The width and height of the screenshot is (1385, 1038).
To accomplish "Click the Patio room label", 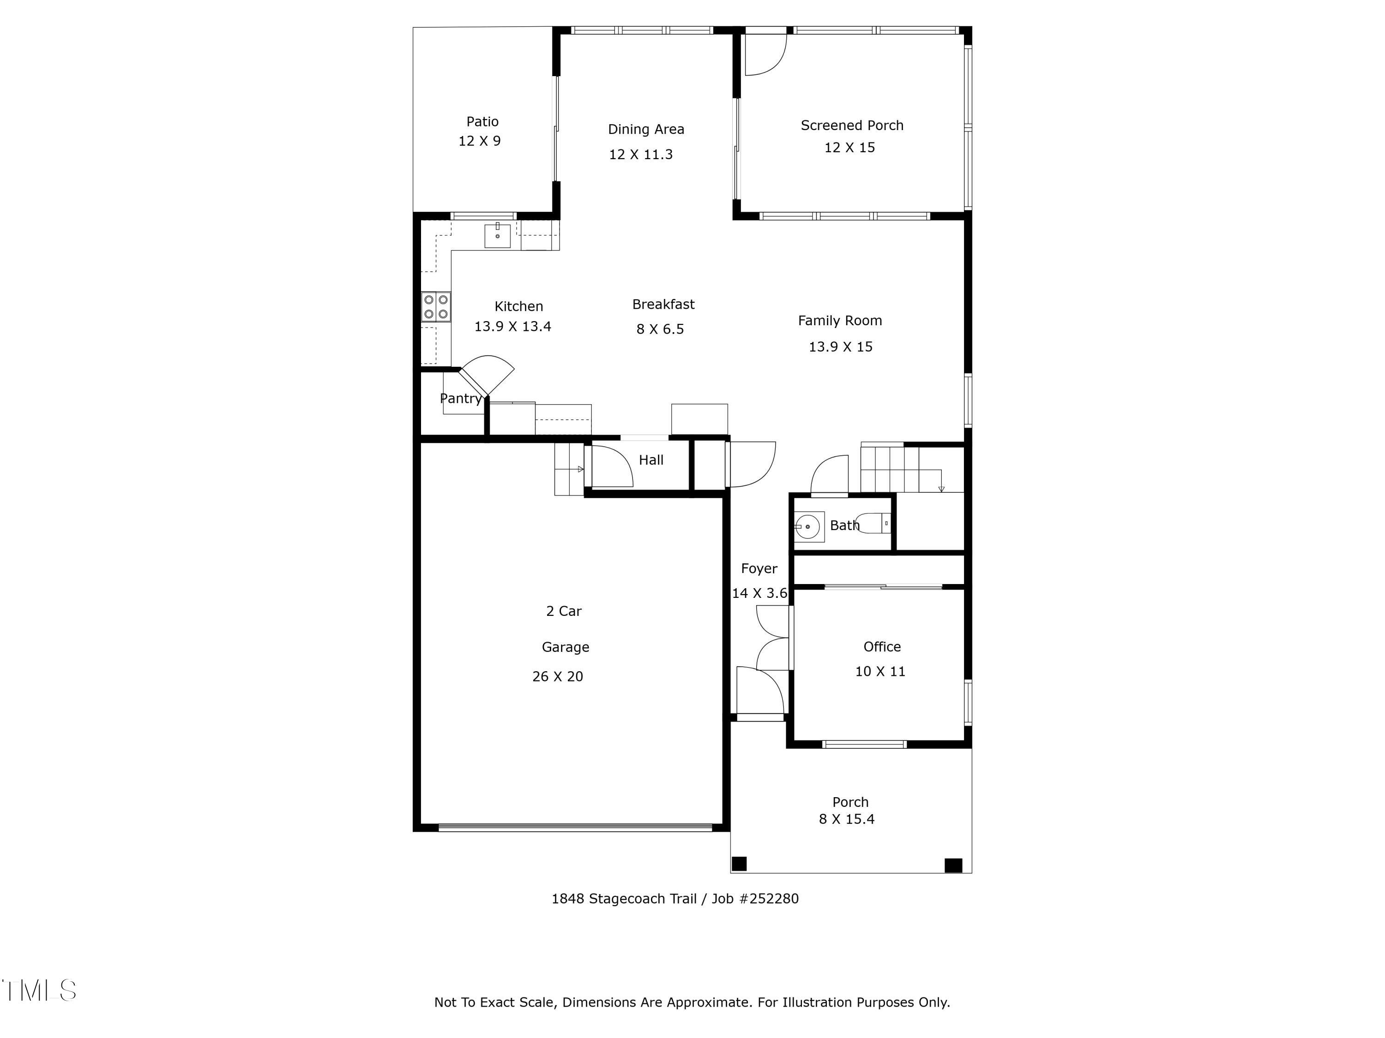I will tap(482, 122).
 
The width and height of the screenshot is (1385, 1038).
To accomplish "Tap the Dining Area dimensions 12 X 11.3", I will tap(640, 155).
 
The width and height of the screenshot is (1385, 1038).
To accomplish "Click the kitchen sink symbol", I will tap(497, 236).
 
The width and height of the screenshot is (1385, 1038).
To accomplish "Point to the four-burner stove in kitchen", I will tap(436, 307).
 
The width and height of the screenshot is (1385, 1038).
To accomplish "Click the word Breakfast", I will tap(663, 304).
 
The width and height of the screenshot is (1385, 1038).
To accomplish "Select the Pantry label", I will tap(461, 399).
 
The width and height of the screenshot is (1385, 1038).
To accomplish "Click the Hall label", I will tap(650, 460).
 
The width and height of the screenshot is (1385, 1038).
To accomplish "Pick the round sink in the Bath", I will tap(808, 527).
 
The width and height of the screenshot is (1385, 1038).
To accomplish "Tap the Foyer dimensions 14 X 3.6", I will tap(759, 594).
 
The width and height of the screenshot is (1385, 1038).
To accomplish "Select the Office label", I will tap(882, 647).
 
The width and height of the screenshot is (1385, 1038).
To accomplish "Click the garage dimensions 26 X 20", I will tap(557, 677).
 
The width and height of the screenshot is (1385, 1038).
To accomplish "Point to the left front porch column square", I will tap(740, 864).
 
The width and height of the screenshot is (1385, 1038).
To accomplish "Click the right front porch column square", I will tap(953, 865).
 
